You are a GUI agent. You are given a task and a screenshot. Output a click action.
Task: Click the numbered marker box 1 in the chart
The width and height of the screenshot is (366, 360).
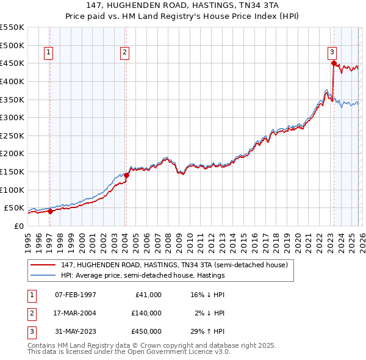pyautogui.click(x=48, y=52)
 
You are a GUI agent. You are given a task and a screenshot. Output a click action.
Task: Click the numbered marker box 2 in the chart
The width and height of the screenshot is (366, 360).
pyautogui.click(x=124, y=52)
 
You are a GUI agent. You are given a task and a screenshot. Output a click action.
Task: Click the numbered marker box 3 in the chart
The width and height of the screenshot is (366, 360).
pyautogui.click(x=332, y=52)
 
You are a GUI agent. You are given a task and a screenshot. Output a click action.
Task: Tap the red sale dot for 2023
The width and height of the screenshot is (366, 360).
pyautogui.click(x=334, y=63)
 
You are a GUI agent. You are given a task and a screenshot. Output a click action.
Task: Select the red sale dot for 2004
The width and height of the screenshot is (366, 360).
pyautogui.click(x=126, y=175)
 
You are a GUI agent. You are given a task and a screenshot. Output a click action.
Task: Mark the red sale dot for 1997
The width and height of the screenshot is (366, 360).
pyautogui.click(x=50, y=211)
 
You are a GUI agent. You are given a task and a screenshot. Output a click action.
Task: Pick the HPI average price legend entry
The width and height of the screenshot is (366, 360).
pyautogui.click(x=143, y=276)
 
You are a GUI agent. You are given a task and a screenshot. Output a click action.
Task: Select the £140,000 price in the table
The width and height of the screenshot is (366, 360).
pyautogui.click(x=146, y=313)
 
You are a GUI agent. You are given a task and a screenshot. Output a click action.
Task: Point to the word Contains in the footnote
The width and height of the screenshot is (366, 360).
pyautogui.click(x=43, y=345)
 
